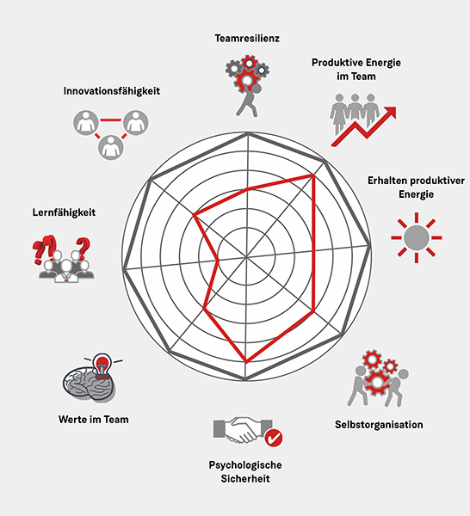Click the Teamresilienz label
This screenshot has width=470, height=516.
click(x=247, y=38)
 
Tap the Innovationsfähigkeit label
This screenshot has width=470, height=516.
click(x=112, y=91)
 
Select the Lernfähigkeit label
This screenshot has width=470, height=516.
click(x=64, y=212)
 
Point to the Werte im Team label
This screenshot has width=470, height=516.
click(x=94, y=420)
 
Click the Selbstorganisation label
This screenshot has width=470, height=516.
click(x=379, y=425)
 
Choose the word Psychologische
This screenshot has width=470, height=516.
click(x=245, y=465)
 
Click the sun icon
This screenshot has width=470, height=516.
click(x=417, y=237)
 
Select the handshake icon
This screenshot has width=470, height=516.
click(x=243, y=429)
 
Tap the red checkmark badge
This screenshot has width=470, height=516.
click(x=274, y=438)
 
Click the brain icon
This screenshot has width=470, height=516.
click(x=89, y=384)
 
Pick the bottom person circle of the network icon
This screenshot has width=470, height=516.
click(x=111, y=148)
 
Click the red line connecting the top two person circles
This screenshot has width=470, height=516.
click(x=111, y=120)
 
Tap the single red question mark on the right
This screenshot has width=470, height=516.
click(x=83, y=247)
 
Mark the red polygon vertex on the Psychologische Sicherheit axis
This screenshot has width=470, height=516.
click(x=246, y=362)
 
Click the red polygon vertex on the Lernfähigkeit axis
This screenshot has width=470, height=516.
click(x=218, y=261)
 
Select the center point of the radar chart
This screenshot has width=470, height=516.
click(x=246, y=256)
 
